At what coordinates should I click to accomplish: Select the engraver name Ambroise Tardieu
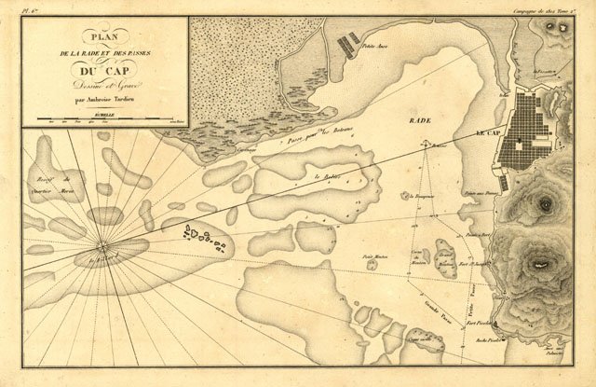point(106,96)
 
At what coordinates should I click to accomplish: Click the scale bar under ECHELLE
point(104,119)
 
